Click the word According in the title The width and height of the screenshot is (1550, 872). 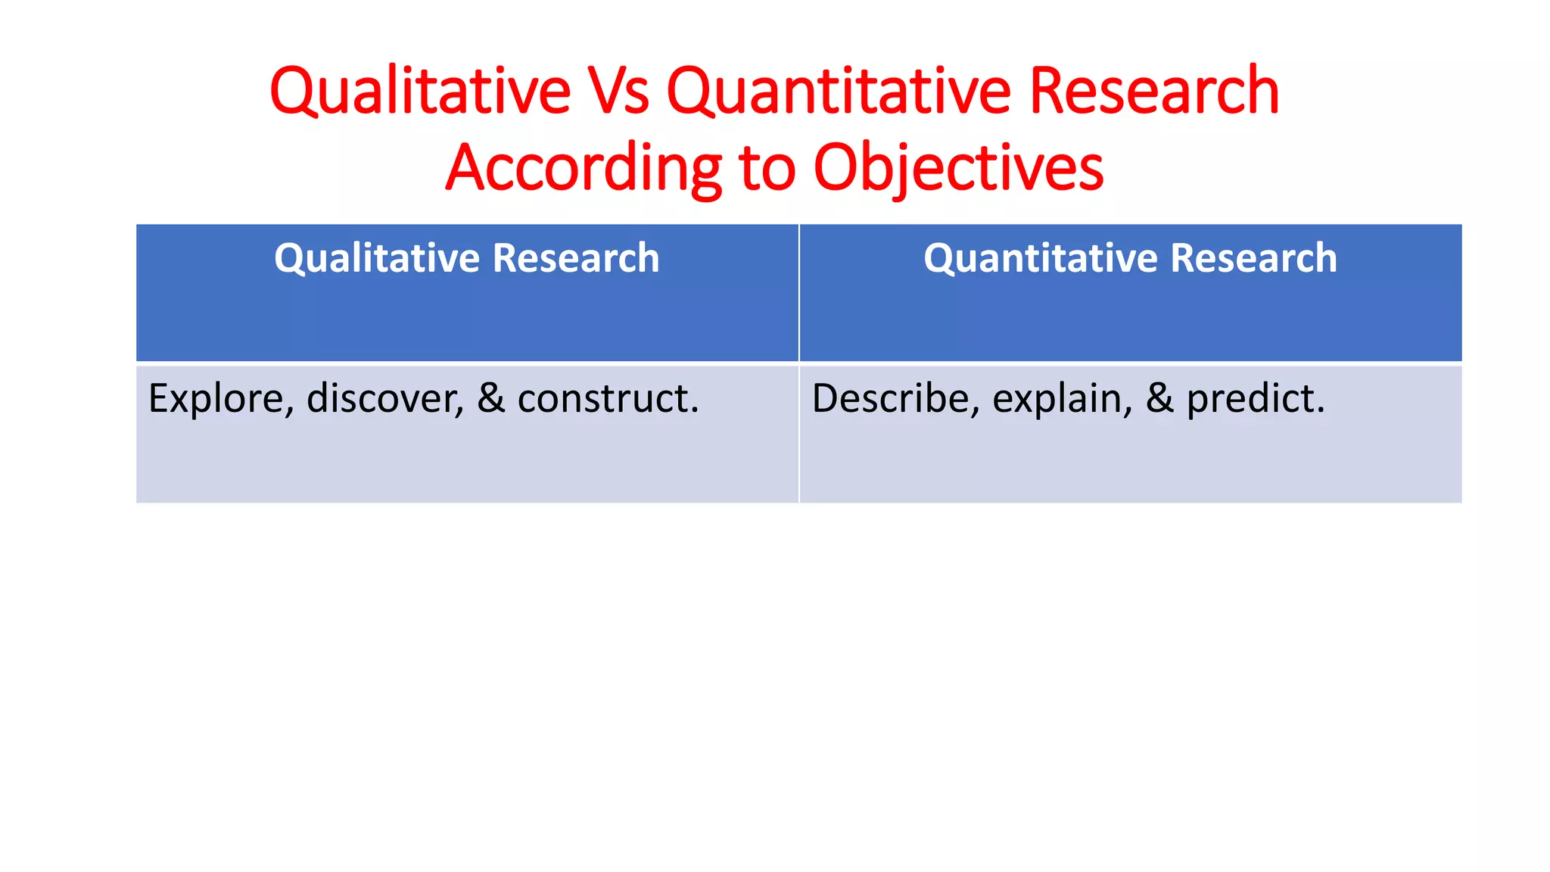point(584,167)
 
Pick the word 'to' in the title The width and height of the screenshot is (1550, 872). point(767,167)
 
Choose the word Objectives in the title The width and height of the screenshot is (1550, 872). point(958,167)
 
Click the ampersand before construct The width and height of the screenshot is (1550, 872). point(491,399)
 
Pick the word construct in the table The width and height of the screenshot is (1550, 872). point(608,399)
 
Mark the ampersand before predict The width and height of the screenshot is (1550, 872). point(1159,399)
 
